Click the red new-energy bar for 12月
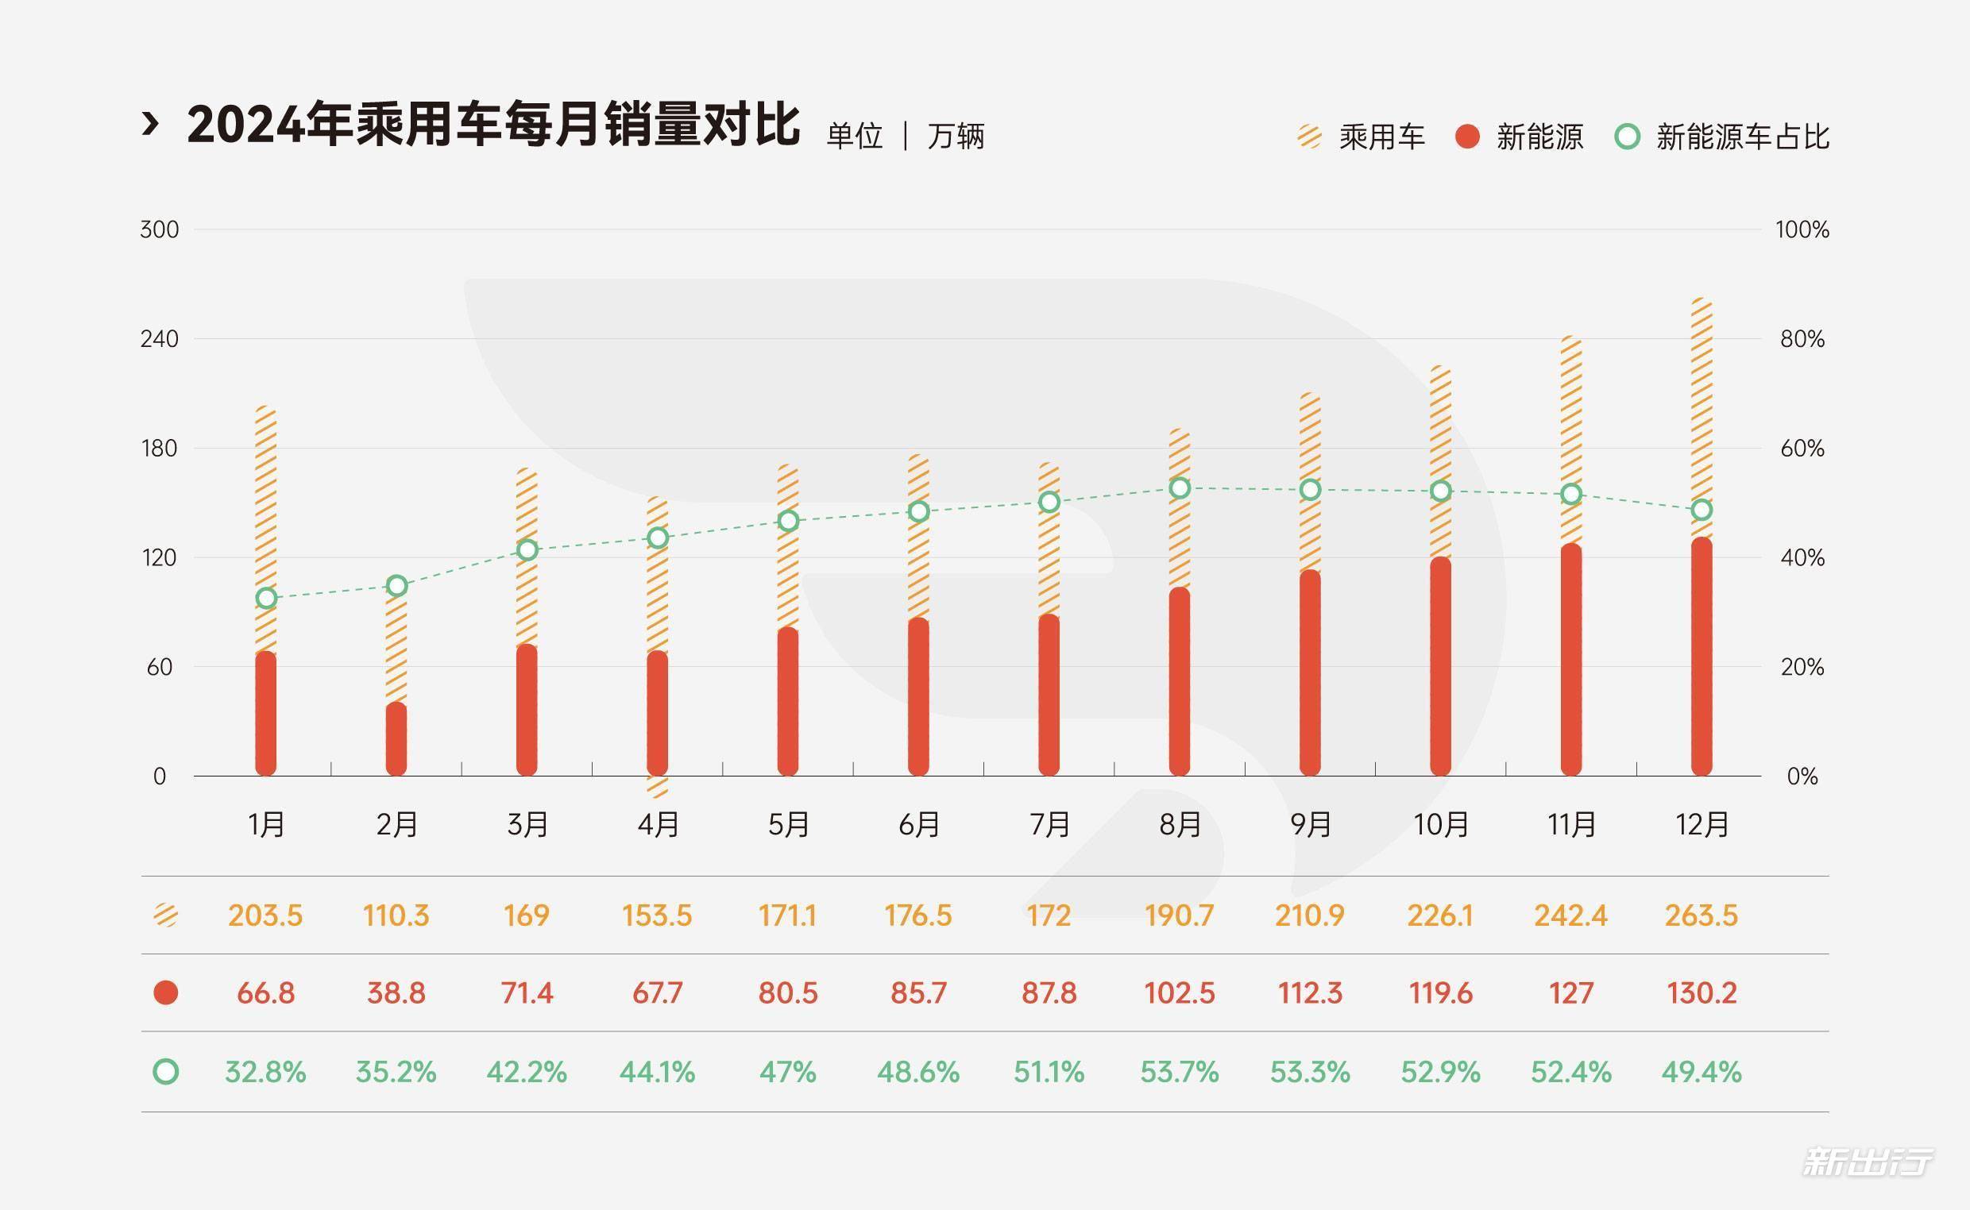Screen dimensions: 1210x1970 [1701, 657]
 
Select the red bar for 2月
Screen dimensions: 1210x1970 [396, 740]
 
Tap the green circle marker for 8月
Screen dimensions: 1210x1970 [1180, 488]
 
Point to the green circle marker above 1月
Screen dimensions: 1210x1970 [267, 598]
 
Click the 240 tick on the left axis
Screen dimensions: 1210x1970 [159, 339]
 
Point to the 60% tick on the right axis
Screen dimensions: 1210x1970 [1802, 448]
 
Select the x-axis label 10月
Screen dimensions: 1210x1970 [1441, 824]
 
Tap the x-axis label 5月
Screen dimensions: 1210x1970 [789, 824]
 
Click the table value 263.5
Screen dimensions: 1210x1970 [1701, 915]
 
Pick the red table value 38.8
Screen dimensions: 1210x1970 [396, 993]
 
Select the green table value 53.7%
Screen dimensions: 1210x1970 [1179, 1072]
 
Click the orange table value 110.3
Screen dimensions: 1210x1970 [396, 915]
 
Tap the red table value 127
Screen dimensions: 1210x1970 [1570, 993]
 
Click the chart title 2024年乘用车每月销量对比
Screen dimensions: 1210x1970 [492, 125]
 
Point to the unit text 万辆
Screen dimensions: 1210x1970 [955, 136]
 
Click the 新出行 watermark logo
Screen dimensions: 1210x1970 [1867, 1162]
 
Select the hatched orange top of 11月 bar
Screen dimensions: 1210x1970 [1570, 440]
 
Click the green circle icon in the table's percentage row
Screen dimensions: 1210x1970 [166, 1072]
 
